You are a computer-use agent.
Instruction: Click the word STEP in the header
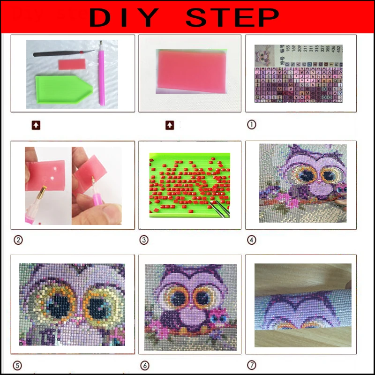[x=232, y=17]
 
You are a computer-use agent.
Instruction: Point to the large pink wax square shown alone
[x=189, y=72]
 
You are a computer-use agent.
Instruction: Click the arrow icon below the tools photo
[x=36, y=125]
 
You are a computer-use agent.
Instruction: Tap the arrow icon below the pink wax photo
[x=170, y=125]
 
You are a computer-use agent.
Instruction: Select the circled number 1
[x=252, y=125]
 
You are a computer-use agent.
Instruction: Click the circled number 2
[x=18, y=240]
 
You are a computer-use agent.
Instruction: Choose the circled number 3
[x=144, y=240]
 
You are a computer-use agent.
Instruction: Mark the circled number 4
[x=252, y=240]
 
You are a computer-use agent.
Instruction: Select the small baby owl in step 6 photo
[x=217, y=319]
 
